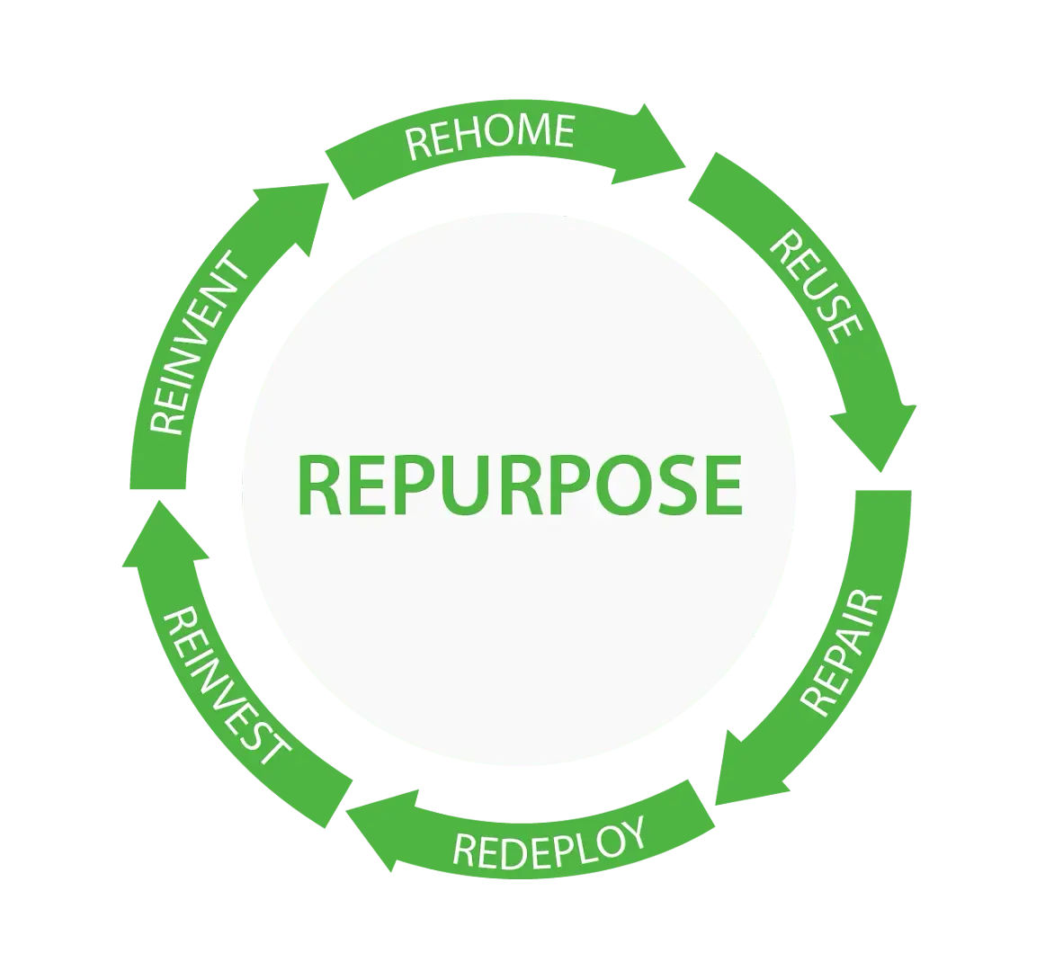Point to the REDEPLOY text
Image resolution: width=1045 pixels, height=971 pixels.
click(x=549, y=842)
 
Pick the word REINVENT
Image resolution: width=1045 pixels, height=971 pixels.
click(x=197, y=344)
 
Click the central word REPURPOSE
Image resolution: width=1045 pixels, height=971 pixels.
click(x=519, y=485)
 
